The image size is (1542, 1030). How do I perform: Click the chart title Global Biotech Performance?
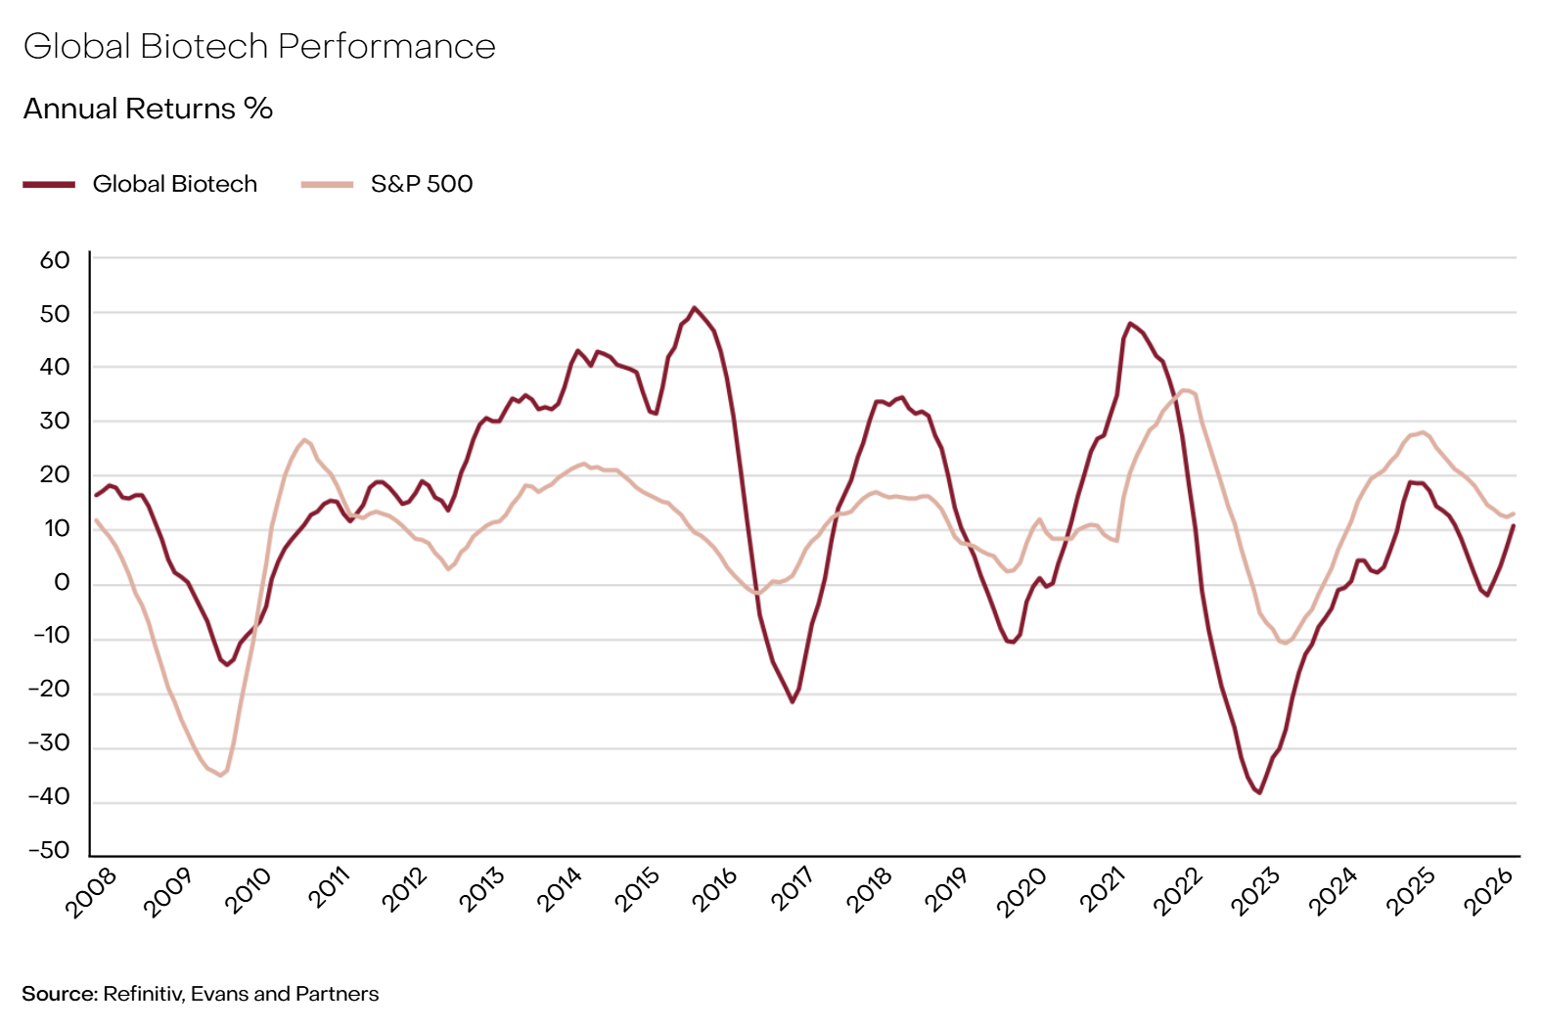[x=259, y=47]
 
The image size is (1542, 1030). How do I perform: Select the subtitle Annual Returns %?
[x=148, y=109]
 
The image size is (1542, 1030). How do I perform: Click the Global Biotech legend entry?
[x=174, y=184]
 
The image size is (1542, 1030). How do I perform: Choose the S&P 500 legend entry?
[x=421, y=184]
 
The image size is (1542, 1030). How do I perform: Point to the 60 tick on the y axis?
[x=55, y=260]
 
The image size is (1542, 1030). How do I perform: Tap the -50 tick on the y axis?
[x=50, y=850]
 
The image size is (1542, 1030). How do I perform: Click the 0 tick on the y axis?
[x=63, y=583]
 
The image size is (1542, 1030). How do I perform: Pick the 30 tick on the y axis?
[x=55, y=422]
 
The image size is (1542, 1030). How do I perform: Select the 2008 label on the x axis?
[x=91, y=892]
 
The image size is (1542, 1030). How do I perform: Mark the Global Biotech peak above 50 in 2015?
[x=695, y=307]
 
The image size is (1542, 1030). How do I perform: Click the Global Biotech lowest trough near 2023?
[x=1260, y=792]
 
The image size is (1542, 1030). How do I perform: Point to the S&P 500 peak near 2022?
[x=1186, y=390]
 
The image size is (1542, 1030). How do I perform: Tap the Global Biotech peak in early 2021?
[x=1130, y=323]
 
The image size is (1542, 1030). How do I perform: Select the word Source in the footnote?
[x=59, y=994]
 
